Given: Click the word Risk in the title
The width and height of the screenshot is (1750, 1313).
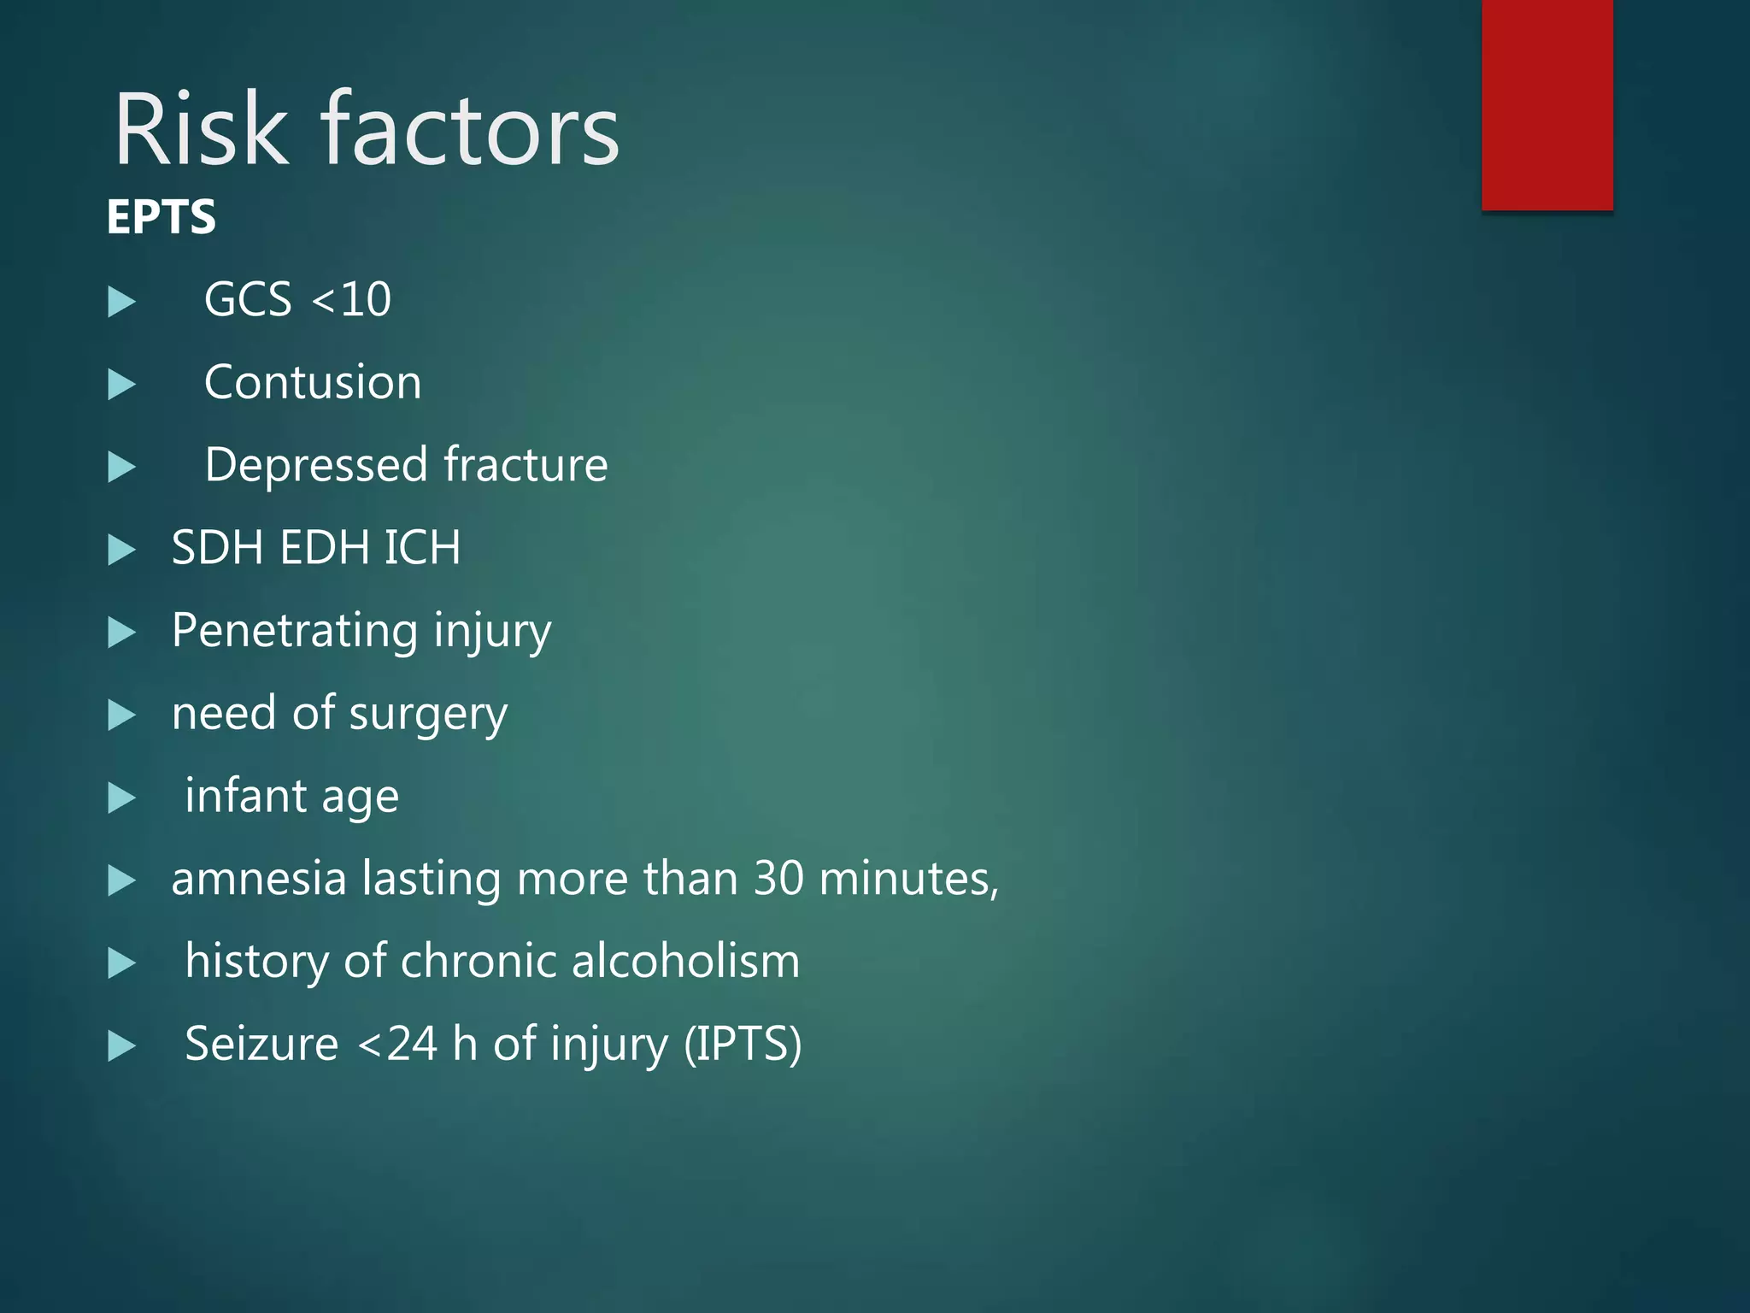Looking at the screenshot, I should pos(202,130).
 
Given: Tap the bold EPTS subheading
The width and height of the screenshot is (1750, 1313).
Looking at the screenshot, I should pos(161,217).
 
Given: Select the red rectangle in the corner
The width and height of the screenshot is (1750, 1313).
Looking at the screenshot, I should pos(1547,104).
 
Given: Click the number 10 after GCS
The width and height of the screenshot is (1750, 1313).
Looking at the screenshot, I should pos(366,300).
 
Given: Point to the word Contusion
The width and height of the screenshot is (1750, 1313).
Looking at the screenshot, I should pos(313,382).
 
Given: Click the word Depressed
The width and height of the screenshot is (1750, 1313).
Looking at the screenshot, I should pos(316,465).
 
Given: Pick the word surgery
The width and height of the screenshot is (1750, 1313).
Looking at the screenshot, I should pos(428,715).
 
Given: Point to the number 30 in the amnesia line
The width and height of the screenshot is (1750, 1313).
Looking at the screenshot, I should pos(778,879).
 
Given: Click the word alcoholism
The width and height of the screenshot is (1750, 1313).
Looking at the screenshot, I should pos(685,961).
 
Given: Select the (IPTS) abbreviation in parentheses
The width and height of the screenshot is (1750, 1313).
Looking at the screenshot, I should pos(743,1045).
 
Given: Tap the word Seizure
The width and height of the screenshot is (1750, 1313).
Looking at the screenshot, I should pos(261,1045).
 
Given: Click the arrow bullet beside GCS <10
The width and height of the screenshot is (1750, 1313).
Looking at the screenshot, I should pos(122,302).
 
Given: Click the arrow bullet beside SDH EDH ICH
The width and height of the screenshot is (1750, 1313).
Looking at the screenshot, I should pos(122,550).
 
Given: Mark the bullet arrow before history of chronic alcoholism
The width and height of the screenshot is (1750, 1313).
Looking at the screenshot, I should pos(122,963).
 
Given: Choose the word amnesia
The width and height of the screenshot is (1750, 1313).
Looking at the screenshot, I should pos(258,879).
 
